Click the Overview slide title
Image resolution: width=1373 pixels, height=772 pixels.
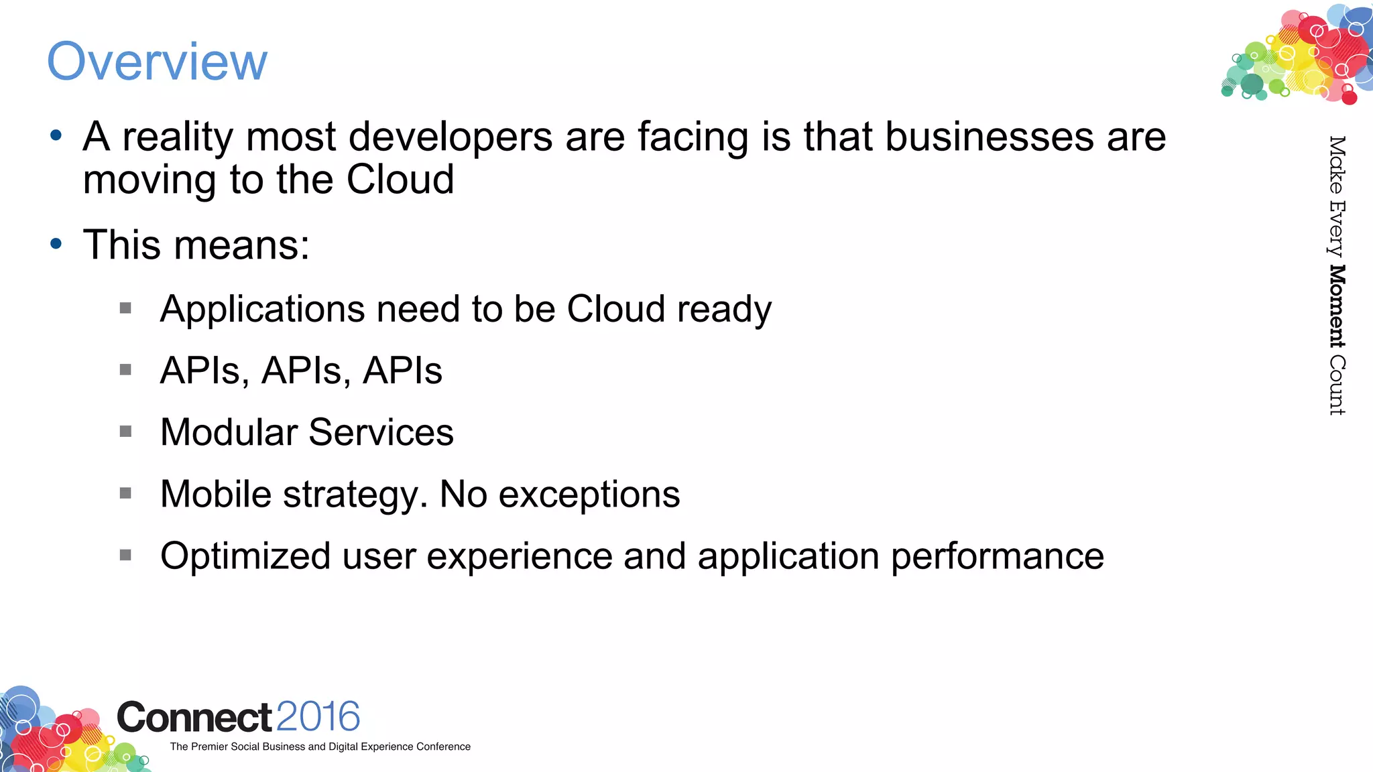(x=157, y=62)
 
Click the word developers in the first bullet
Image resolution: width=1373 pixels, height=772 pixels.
(x=451, y=137)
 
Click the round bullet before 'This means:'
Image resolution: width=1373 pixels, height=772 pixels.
(x=56, y=244)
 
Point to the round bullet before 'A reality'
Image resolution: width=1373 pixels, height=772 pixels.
(x=56, y=136)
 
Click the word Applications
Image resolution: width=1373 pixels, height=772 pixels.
(x=263, y=310)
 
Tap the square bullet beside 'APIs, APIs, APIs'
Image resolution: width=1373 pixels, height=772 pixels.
(x=125, y=370)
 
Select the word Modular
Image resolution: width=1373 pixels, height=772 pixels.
(x=229, y=432)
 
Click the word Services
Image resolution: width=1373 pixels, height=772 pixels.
(x=381, y=432)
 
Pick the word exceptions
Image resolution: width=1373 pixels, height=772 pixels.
(x=589, y=495)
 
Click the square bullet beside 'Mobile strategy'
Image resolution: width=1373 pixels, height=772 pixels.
(x=125, y=493)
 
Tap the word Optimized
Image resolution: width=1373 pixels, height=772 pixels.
(x=245, y=556)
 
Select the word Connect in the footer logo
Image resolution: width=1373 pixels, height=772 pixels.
(x=194, y=717)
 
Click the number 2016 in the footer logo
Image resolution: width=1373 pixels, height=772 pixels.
(x=318, y=716)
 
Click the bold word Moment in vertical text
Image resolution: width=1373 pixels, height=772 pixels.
(x=1337, y=306)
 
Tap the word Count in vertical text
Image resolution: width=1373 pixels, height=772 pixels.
(x=1337, y=385)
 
